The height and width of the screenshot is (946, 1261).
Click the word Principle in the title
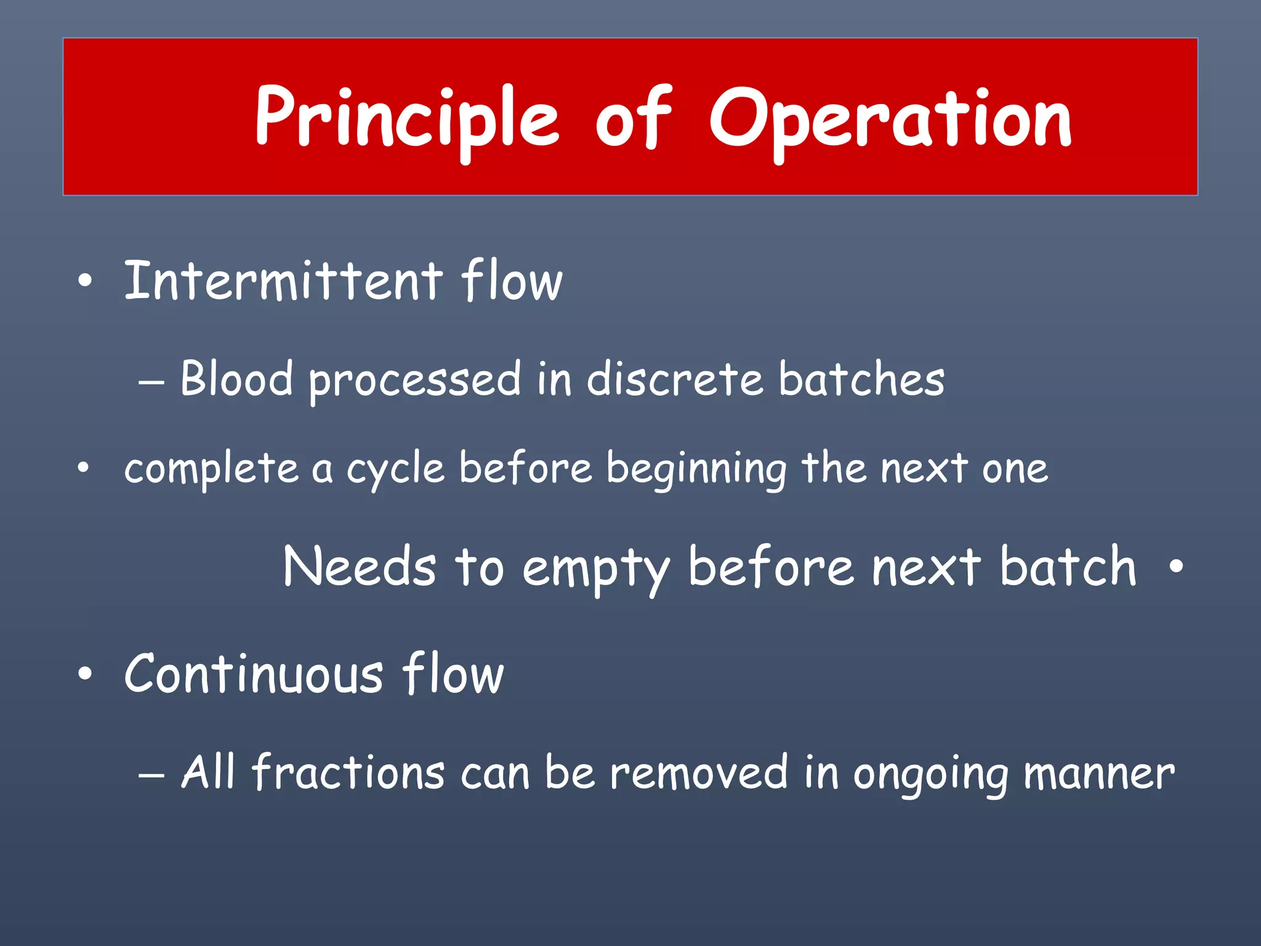[x=406, y=118]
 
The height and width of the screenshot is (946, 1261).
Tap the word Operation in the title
[x=890, y=118]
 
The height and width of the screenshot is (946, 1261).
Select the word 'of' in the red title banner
[x=633, y=118]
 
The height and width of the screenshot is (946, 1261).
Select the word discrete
[x=675, y=379]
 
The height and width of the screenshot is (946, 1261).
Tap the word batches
[x=861, y=379]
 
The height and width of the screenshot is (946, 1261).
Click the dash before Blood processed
[x=151, y=382]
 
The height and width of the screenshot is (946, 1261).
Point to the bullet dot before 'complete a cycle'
[x=84, y=469]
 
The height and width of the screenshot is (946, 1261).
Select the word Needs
[x=360, y=567]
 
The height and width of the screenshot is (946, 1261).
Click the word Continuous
[x=254, y=674]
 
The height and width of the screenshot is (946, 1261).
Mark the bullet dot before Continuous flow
[x=85, y=674]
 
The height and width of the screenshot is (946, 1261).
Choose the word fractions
[x=348, y=772]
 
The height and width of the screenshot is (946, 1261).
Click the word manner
[x=1099, y=774]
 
